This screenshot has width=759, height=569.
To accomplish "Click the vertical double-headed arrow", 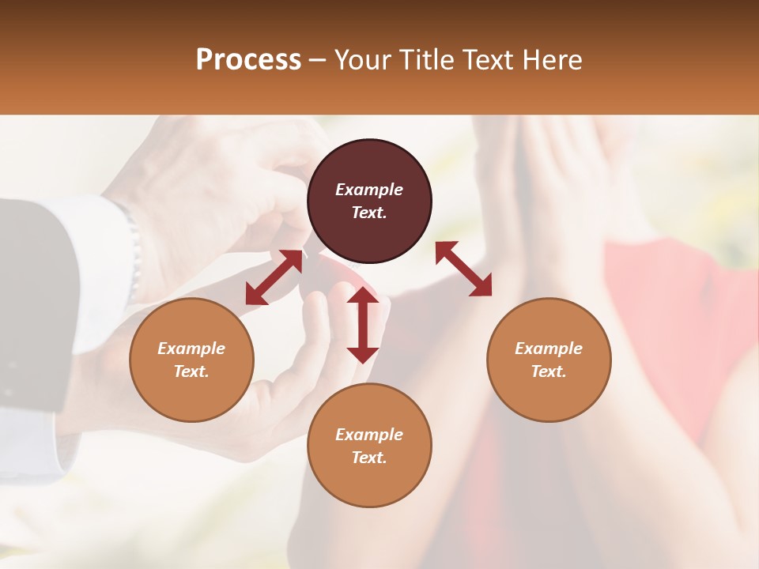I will (x=363, y=325).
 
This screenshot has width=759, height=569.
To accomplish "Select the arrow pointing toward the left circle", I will (x=274, y=277).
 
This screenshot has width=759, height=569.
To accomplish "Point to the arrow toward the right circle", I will (x=463, y=269).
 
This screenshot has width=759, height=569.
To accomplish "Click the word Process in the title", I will (x=248, y=60).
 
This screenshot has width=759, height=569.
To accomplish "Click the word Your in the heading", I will (x=361, y=60).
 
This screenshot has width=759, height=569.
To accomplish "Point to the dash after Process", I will (x=317, y=60).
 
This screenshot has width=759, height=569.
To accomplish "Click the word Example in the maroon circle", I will (x=369, y=190).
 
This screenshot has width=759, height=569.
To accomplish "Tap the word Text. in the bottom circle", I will (x=369, y=458).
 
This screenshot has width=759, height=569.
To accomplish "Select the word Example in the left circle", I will (x=191, y=349).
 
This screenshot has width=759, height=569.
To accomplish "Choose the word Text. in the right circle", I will (x=549, y=371).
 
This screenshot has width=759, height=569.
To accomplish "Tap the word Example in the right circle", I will (x=549, y=349).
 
